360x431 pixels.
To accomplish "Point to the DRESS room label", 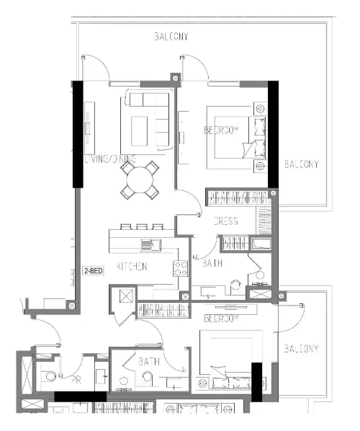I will point(225,221).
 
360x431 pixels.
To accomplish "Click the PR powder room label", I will point(74,378).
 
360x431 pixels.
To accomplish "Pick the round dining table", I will point(141,180).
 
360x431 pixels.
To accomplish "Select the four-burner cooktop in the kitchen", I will point(180,269).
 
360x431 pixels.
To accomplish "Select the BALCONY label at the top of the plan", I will point(171,37).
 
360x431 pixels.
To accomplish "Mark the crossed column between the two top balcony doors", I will point(175,77).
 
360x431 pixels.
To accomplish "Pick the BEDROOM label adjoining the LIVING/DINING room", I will point(221,130).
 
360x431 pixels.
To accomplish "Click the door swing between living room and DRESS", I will point(189,203).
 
